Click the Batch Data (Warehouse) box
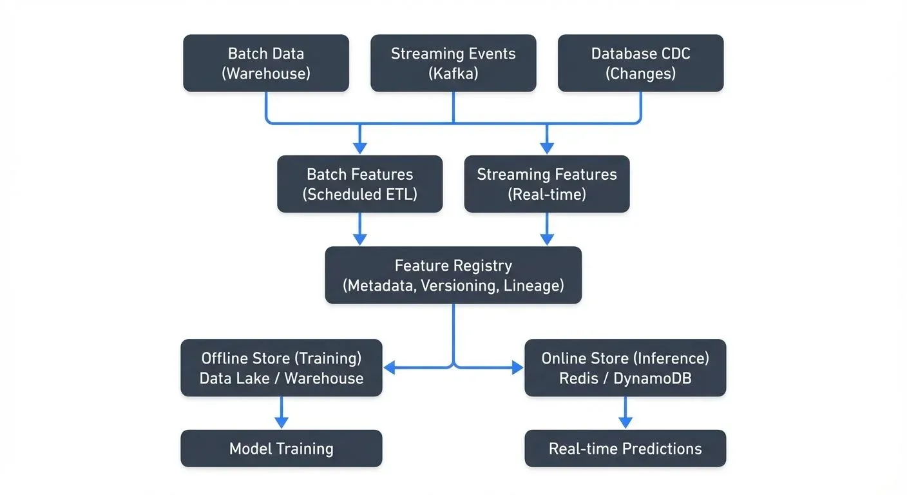tap(266, 63)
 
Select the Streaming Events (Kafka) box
tap(453, 63)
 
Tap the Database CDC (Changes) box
tap(640, 63)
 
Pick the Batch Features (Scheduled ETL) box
tap(359, 184)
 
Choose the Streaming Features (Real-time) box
tap(546, 184)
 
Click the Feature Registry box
tap(453, 275)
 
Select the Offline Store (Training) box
tap(281, 368)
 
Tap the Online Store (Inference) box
tap(625, 368)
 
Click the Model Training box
tap(281, 449)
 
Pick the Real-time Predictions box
tap(625, 449)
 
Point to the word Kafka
tap(453, 73)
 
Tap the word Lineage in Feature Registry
tap(538, 285)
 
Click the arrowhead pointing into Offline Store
tap(389, 368)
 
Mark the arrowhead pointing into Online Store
tap(518, 368)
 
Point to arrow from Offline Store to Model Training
tap(281, 412)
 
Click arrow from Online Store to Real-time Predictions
tap(625, 412)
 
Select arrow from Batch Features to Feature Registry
tap(359, 229)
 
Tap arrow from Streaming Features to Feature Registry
tap(546, 229)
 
